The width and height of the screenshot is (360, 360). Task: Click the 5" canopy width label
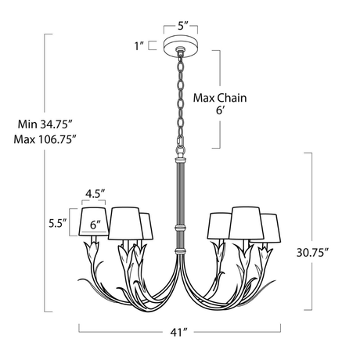[x=183, y=26]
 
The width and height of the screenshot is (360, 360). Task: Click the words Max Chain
[x=220, y=99]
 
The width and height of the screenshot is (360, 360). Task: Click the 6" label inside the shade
[x=96, y=225]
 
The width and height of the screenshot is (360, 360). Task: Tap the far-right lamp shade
[x=271, y=227]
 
